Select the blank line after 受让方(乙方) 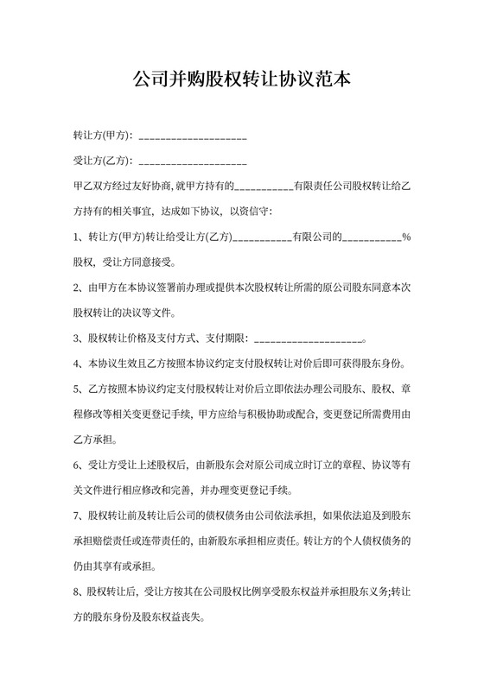(x=193, y=162)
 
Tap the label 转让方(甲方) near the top (x=103, y=136)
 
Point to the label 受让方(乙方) (x=103, y=161)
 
